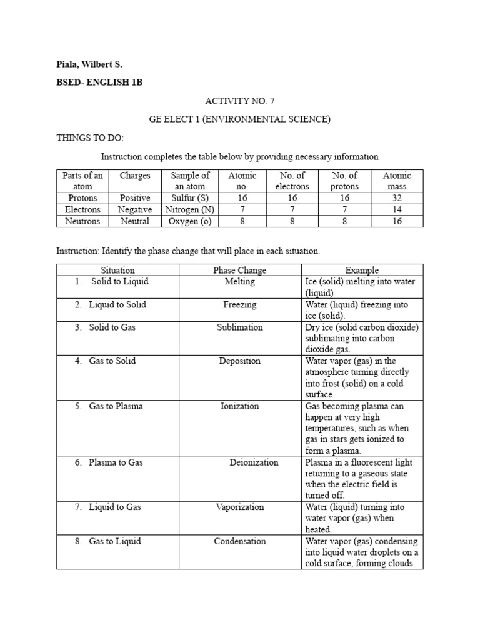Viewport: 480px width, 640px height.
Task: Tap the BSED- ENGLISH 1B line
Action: [99, 82]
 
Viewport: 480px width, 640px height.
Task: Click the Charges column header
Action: [135, 176]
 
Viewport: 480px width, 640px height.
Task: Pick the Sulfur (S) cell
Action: [190, 198]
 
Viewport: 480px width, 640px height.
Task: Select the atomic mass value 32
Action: [397, 198]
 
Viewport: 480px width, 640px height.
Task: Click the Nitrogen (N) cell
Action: [190, 209]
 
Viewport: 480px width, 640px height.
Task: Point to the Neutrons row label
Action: [82, 221]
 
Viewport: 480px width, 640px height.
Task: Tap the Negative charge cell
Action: [135, 209]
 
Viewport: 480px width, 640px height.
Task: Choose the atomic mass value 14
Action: [397, 209]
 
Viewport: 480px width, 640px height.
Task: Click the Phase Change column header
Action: [239, 271]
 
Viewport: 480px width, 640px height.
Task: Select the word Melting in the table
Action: [239, 282]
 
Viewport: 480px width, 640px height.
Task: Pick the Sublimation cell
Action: [239, 327]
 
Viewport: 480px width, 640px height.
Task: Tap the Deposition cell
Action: [239, 361]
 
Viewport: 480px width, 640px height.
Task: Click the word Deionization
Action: [254, 462]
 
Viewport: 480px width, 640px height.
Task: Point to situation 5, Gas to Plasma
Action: [116, 406]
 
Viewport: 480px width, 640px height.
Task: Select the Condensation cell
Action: [239, 541]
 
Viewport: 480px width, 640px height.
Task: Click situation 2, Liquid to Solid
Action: [117, 304]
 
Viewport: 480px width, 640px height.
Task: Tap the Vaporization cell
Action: [239, 507]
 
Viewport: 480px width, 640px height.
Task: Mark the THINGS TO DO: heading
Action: [90, 137]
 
